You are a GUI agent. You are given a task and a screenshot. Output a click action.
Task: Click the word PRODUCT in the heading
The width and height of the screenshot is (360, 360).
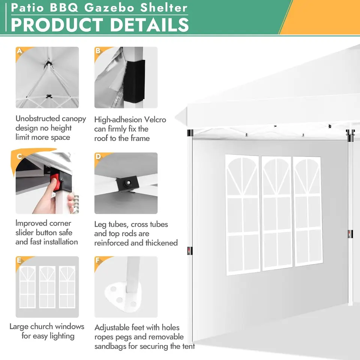click(57, 25)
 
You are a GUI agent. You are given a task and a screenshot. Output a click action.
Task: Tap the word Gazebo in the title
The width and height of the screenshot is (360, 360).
click(109, 7)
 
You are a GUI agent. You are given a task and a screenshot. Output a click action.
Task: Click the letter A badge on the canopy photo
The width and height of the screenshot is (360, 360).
click(19, 51)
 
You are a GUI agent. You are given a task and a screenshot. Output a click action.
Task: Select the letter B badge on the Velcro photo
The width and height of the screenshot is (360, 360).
click(98, 51)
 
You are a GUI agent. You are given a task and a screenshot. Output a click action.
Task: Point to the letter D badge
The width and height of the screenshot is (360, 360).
click(98, 157)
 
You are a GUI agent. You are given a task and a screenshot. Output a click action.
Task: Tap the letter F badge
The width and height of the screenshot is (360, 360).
click(98, 260)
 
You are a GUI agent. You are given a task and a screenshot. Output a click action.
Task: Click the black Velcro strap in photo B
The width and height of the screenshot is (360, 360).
click(134, 81)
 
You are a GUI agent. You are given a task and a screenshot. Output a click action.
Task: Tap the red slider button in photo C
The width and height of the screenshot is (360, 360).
click(55, 182)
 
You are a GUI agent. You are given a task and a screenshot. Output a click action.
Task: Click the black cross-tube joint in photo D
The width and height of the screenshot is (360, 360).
click(126, 184)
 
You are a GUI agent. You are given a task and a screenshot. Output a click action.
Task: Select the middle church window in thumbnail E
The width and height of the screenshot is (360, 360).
click(47, 287)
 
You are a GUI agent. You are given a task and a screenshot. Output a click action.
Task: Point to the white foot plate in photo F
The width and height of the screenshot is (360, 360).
click(123, 297)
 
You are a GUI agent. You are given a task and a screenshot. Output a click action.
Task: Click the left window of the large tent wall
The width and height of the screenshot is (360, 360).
click(243, 214)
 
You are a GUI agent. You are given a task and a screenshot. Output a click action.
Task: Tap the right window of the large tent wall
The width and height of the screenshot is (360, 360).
click(307, 211)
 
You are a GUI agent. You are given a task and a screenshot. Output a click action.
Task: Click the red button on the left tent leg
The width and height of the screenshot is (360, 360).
click(189, 251)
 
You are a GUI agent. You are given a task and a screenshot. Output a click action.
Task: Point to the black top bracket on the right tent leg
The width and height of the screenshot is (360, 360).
click(350, 135)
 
